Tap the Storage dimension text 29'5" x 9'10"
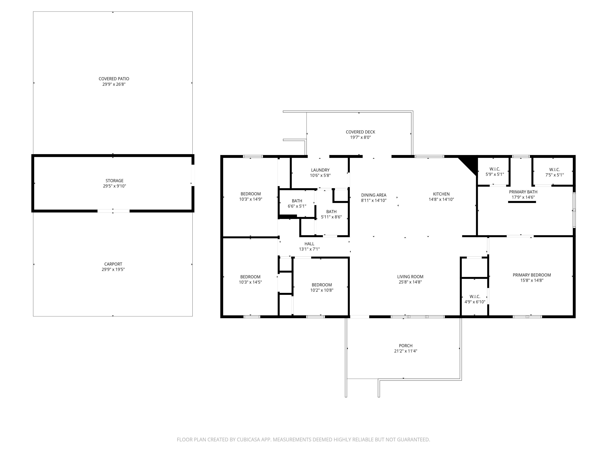pos(114,186)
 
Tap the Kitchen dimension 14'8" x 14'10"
pos(441,199)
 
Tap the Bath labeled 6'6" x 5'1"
pos(297,204)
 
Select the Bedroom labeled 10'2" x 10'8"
pos(322,287)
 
